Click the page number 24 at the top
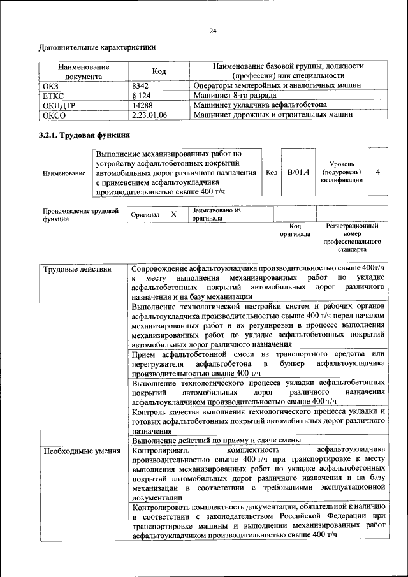212,31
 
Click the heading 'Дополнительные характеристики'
98,47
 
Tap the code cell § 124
142,95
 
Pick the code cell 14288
142,105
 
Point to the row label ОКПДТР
59,105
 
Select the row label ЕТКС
53,95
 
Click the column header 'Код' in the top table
159,71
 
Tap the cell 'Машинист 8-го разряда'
235,95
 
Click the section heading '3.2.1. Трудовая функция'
85,136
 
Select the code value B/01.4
298,172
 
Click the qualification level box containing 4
378,172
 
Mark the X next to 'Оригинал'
173,215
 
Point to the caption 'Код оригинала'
295,230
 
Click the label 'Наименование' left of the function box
64,173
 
